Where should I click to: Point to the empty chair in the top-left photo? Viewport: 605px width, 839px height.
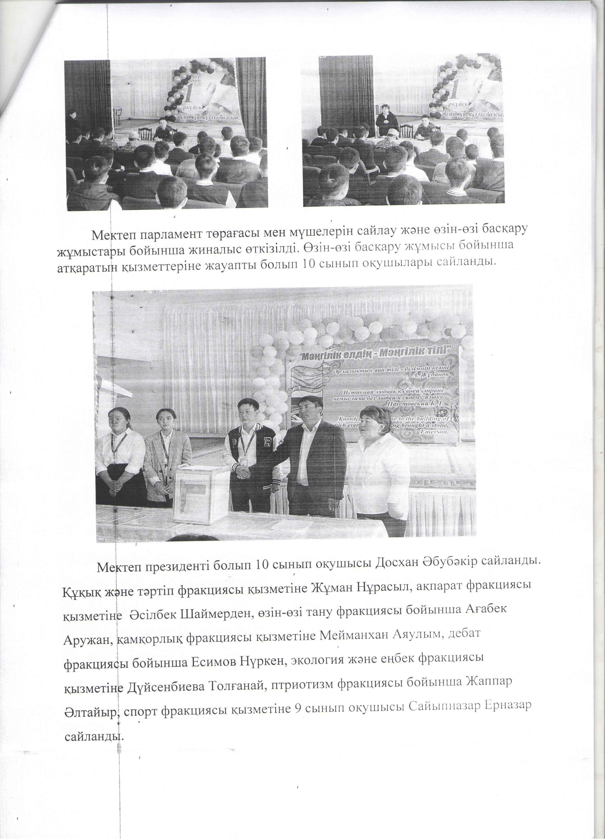click(145, 133)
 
